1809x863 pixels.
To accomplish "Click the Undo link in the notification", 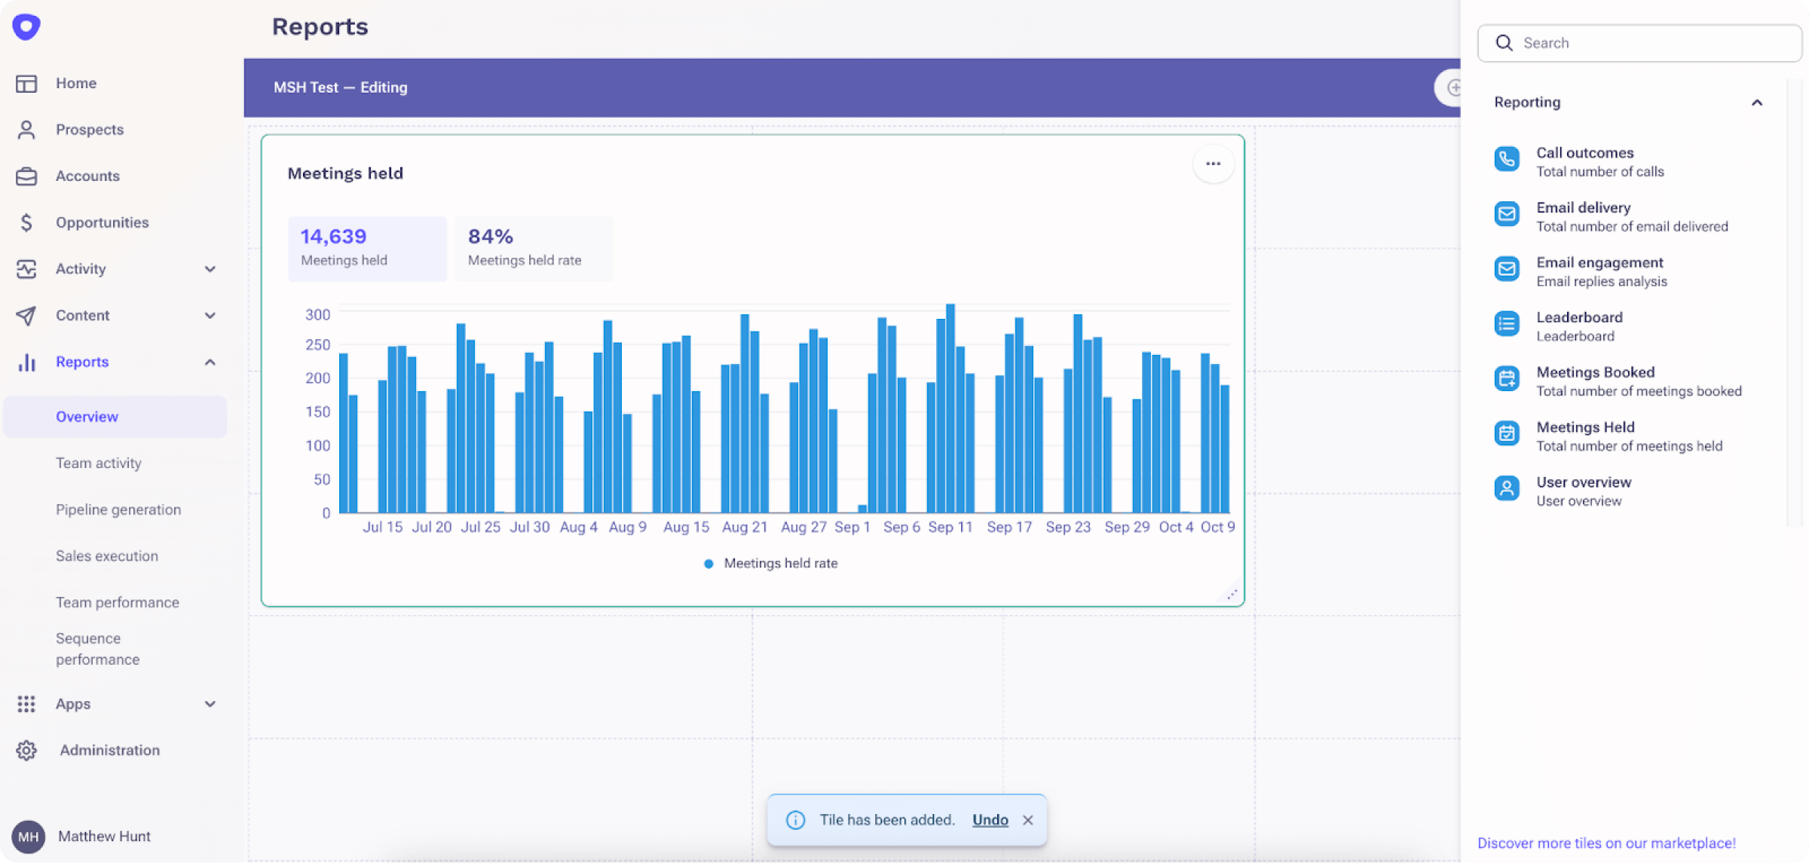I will pos(990,820).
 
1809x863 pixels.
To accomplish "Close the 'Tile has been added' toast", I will pos(1027,820).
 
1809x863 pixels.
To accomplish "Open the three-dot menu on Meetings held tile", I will pos(1213,164).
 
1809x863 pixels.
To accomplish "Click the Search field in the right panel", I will pos(1651,43).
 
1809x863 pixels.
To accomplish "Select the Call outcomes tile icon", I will pos(1507,159).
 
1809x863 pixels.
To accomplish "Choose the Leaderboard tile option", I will pos(1579,326).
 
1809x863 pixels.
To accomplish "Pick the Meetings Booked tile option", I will pos(1595,381).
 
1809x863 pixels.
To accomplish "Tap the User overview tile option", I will pos(1583,491).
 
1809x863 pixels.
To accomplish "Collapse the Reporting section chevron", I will pos(1757,103).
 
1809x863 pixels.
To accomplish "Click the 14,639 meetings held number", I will pos(333,237).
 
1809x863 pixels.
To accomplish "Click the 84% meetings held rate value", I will pos(491,237).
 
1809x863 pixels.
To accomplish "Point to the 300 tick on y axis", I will pos(317,314).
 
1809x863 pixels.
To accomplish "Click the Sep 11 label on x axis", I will pos(950,527).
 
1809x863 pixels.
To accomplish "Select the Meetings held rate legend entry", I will pos(779,563).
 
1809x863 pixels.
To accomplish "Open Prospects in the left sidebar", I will pos(89,130).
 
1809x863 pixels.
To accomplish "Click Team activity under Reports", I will pos(98,463).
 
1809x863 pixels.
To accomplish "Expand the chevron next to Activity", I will pos(210,269).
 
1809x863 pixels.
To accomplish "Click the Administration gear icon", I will pos(26,750).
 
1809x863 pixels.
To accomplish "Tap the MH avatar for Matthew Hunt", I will pos(28,836).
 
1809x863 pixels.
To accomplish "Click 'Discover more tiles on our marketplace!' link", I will pos(1605,843).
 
